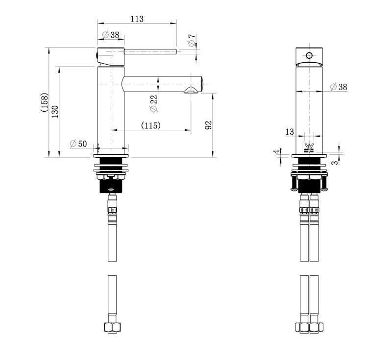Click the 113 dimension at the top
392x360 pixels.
point(137,19)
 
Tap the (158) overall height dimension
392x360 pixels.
point(44,102)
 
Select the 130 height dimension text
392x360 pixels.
point(55,112)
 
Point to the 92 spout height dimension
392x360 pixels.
point(208,125)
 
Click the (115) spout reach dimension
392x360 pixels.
point(151,126)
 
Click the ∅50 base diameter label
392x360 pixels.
point(78,144)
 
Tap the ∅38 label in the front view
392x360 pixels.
point(337,87)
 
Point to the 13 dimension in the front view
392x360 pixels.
point(289,131)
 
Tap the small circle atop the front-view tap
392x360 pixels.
point(309,54)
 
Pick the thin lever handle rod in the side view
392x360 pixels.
point(150,51)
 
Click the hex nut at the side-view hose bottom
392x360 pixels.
point(112,327)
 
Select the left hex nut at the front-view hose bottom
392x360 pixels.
point(302,327)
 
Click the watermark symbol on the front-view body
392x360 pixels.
point(309,147)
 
